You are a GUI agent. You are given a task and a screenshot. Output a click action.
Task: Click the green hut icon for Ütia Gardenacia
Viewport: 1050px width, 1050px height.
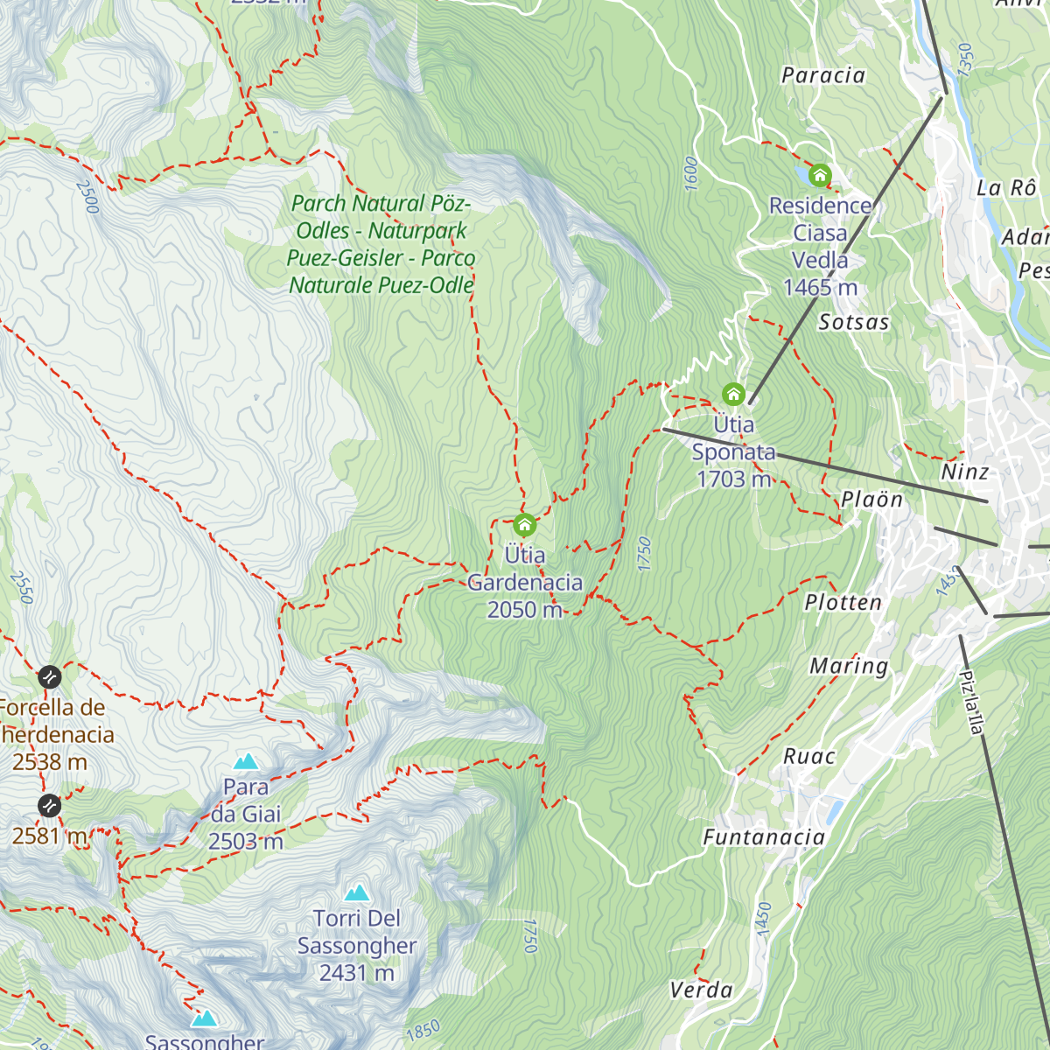524,525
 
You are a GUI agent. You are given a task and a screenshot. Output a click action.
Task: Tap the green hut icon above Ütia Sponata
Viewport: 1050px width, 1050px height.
733,395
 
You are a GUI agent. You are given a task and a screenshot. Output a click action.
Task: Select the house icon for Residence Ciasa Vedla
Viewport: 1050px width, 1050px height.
820,176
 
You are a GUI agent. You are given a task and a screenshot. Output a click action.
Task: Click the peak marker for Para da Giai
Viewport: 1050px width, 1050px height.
246,761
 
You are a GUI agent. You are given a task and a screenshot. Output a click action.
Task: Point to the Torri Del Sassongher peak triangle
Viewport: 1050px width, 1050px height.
356,892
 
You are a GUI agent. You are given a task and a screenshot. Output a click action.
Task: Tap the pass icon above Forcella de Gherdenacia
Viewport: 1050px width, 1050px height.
50,676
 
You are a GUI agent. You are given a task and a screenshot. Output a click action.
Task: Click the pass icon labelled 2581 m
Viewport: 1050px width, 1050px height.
50,804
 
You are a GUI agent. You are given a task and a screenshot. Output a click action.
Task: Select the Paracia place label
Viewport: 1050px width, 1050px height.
822,76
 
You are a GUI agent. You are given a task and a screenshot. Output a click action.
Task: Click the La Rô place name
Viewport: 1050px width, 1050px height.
1006,188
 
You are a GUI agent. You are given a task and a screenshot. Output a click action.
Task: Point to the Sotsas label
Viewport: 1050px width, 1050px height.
853,323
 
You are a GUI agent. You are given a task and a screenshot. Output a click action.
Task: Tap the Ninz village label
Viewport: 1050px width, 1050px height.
964,472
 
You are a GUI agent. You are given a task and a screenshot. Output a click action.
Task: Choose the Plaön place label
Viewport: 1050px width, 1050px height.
871,500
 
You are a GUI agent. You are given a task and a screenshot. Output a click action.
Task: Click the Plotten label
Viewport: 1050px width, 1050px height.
843,603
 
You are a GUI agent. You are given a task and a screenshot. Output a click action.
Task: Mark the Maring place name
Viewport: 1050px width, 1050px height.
848,667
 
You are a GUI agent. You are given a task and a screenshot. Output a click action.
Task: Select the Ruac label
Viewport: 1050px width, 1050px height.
808,757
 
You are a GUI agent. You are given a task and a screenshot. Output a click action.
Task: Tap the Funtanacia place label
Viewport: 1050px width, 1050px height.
764,838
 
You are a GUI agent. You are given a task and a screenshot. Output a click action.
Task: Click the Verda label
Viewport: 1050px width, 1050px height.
701,990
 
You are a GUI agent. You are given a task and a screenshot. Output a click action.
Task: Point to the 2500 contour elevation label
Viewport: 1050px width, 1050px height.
87,197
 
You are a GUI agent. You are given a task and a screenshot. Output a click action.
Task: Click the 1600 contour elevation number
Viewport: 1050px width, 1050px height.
690,174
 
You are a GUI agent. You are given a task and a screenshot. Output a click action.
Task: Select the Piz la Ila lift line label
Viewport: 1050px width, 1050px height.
970,703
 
